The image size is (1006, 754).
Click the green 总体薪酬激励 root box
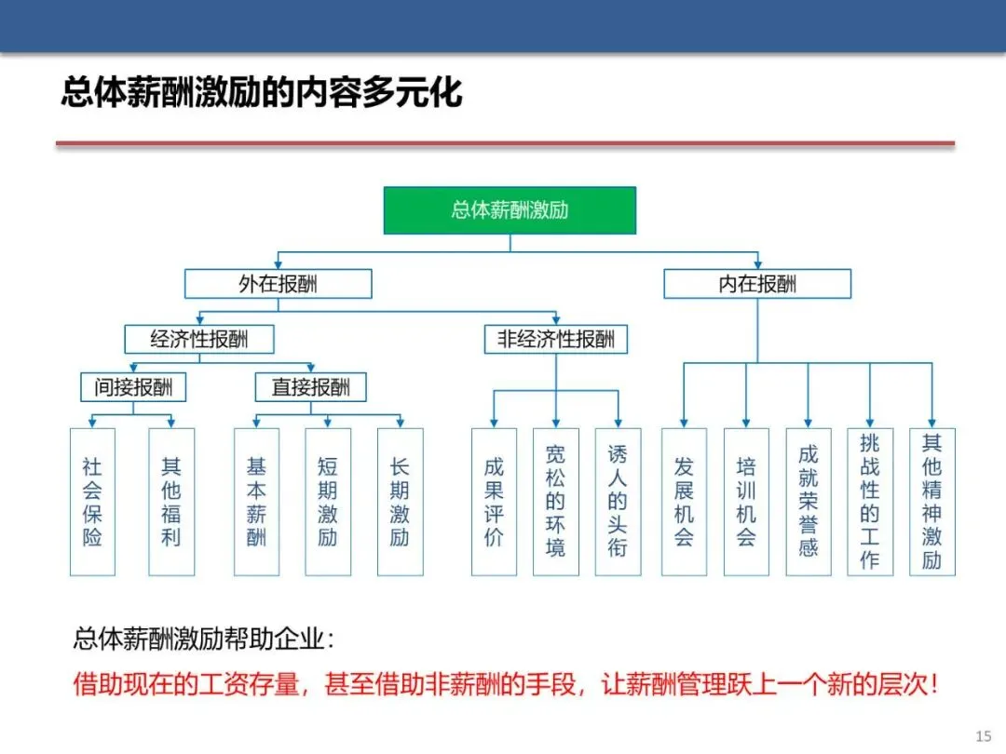click(510, 209)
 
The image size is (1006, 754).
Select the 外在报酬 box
click(278, 284)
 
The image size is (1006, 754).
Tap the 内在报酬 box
click(756, 284)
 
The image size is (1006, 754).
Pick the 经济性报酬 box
click(199, 339)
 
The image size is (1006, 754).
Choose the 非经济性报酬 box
click(556, 339)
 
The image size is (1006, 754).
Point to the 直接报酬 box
click(310, 387)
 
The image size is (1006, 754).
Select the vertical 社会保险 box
click(92, 502)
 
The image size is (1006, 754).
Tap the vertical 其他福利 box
click(171, 502)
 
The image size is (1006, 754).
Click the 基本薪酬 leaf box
click(256, 502)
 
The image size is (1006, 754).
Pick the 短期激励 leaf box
click(328, 502)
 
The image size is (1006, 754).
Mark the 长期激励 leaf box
click(400, 502)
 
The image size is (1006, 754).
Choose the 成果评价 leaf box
click(494, 502)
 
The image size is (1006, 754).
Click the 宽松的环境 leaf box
click(555, 502)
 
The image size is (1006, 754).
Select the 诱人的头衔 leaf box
click(618, 502)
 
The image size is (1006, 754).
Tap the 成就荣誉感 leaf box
click(808, 502)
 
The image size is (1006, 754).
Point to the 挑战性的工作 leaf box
click(870, 502)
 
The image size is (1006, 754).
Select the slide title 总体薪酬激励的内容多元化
click(262, 94)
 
